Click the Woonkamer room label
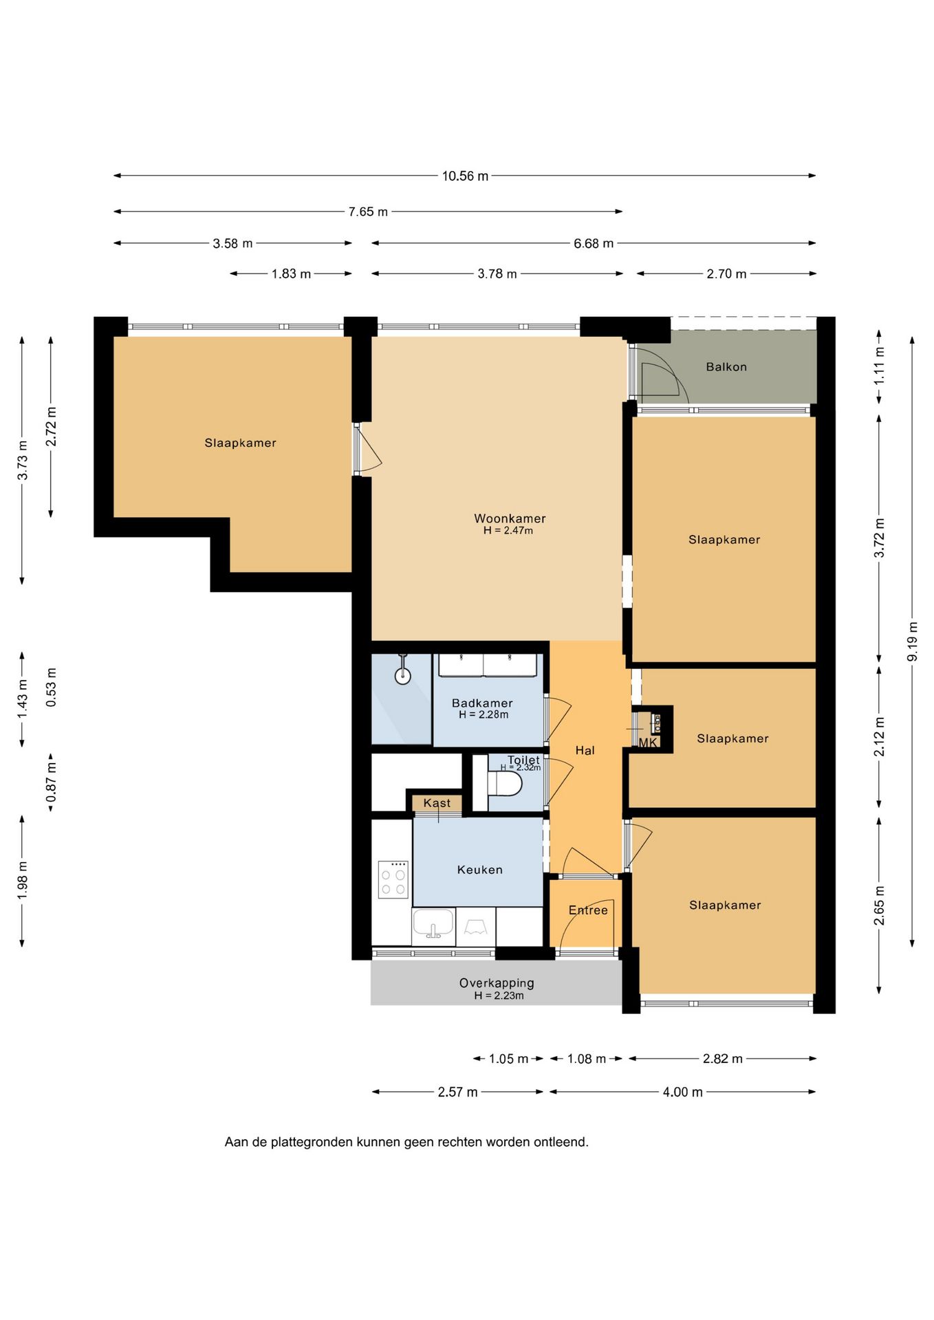[x=510, y=518]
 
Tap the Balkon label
[x=726, y=367]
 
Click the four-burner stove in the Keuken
[x=393, y=879]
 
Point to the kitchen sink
[x=433, y=925]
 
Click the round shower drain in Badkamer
[x=403, y=676]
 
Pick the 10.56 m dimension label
[x=465, y=176]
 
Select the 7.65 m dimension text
[x=368, y=212]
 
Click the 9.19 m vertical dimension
[x=913, y=641]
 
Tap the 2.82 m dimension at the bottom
[x=723, y=1059]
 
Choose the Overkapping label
[x=497, y=983]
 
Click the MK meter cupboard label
[x=648, y=742]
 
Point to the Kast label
[x=437, y=803]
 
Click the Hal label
[x=585, y=751]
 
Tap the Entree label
[x=588, y=910]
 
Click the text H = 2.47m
[x=508, y=531]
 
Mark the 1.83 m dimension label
[x=291, y=274]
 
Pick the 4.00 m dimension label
[x=683, y=1092]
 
